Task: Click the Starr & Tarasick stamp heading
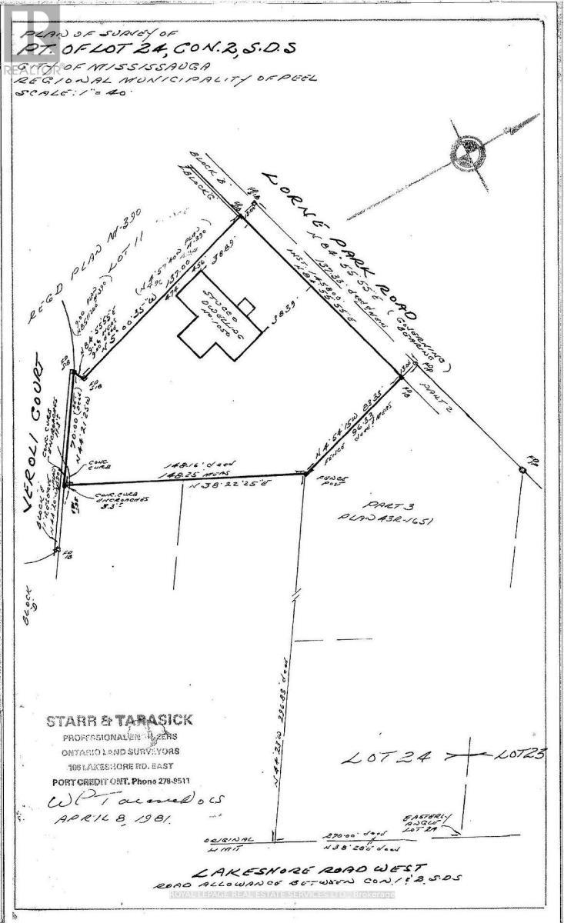(x=120, y=721)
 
